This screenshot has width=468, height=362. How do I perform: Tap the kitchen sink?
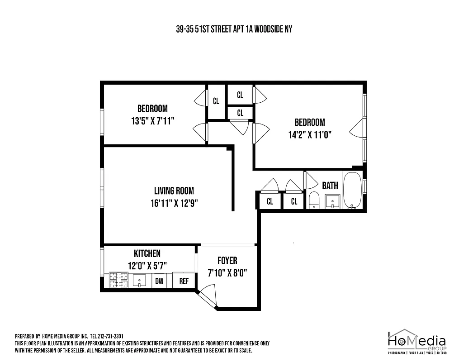pos(141,281)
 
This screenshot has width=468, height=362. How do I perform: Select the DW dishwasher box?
pos(159,281)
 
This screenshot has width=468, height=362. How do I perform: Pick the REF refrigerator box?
pos(184,281)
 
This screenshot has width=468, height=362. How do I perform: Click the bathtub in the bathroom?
pos(352,191)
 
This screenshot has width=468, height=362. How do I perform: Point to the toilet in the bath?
pos(314,200)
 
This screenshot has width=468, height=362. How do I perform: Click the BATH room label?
pos(330,186)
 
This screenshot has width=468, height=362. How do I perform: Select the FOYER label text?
pos(227,261)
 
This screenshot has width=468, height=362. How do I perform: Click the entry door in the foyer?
pos(208,297)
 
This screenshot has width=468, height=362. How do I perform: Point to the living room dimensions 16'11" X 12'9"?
pos(174,204)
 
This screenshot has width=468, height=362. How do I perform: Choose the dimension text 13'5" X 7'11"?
pos(152,121)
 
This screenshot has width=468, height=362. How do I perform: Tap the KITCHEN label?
pos(147,253)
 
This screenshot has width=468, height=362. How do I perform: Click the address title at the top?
pos(234,29)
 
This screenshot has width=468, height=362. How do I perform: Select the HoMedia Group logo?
pos(417,342)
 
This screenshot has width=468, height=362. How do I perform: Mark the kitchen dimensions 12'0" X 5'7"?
pos(147,266)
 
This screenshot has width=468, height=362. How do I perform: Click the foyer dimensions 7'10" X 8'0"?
pos(227,273)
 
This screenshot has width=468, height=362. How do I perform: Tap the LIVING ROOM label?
pos(174,191)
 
